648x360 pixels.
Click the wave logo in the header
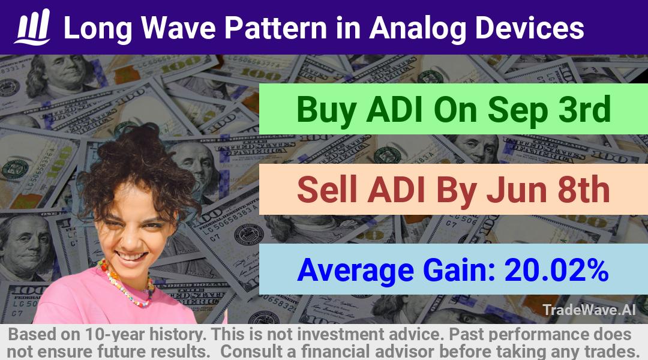pyautogui.click(x=32, y=27)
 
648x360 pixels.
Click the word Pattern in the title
pyautogui.click(x=276, y=28)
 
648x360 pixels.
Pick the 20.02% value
pyautogui.click(x=556, y=269)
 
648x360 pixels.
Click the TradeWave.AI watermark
pyautogui.click(x=589, y=310)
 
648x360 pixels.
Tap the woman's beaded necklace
pyautogui.click(x=125, y=283)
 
